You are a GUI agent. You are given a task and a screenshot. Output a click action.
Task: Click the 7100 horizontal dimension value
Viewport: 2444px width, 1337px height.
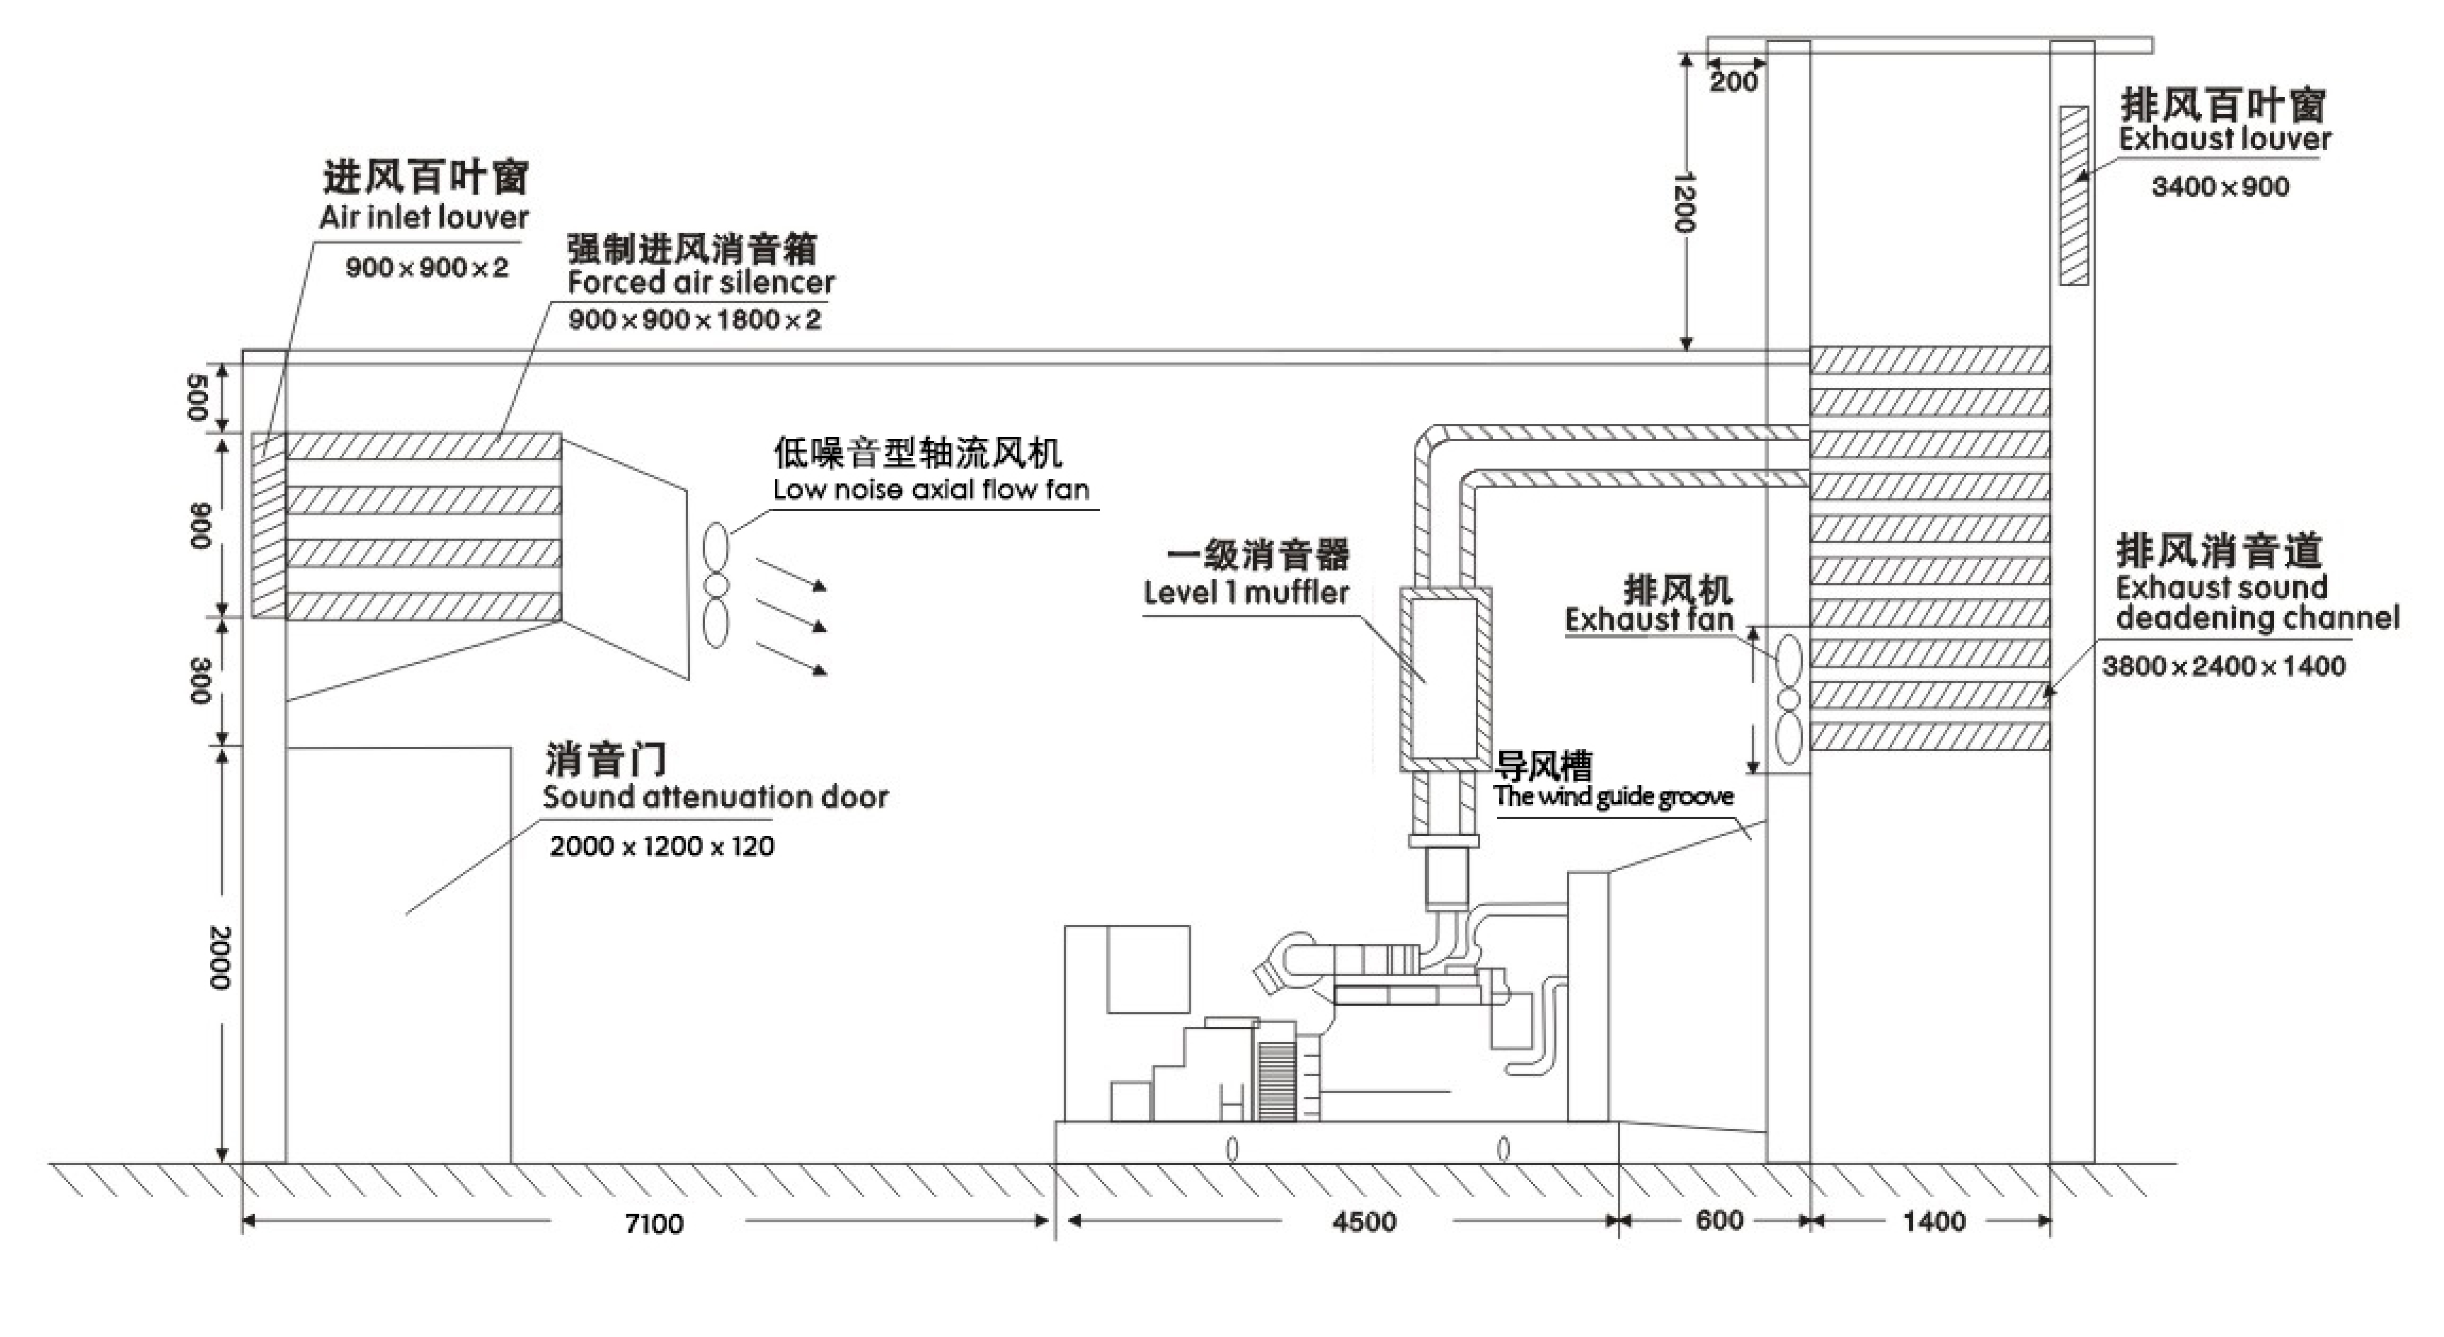click(x=654, y=1223)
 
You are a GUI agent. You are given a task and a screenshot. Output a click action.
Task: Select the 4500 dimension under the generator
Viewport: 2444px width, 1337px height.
click(x=1363, y=1221)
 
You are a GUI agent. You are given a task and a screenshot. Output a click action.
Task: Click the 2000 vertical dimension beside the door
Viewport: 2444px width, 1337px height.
click(x=219, y=958)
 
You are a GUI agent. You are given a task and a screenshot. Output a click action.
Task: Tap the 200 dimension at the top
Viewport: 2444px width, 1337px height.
click(x=1733, y=82)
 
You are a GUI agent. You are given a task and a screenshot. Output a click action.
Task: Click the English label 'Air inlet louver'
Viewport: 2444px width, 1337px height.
click(x=423, y=217)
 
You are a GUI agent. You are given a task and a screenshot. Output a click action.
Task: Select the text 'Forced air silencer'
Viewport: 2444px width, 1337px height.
click(x=700, y=282)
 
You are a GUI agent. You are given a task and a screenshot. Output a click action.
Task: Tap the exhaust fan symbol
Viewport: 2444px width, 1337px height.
click(x=1788, y=700)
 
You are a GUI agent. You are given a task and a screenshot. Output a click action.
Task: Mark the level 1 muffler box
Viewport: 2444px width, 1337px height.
click(x=1444, y=678)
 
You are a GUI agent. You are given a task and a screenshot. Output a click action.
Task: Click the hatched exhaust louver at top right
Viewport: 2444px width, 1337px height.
click(x=2074, y=195)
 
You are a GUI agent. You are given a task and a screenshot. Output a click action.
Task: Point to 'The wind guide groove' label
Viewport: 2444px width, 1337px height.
click(x=1613, y=796)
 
